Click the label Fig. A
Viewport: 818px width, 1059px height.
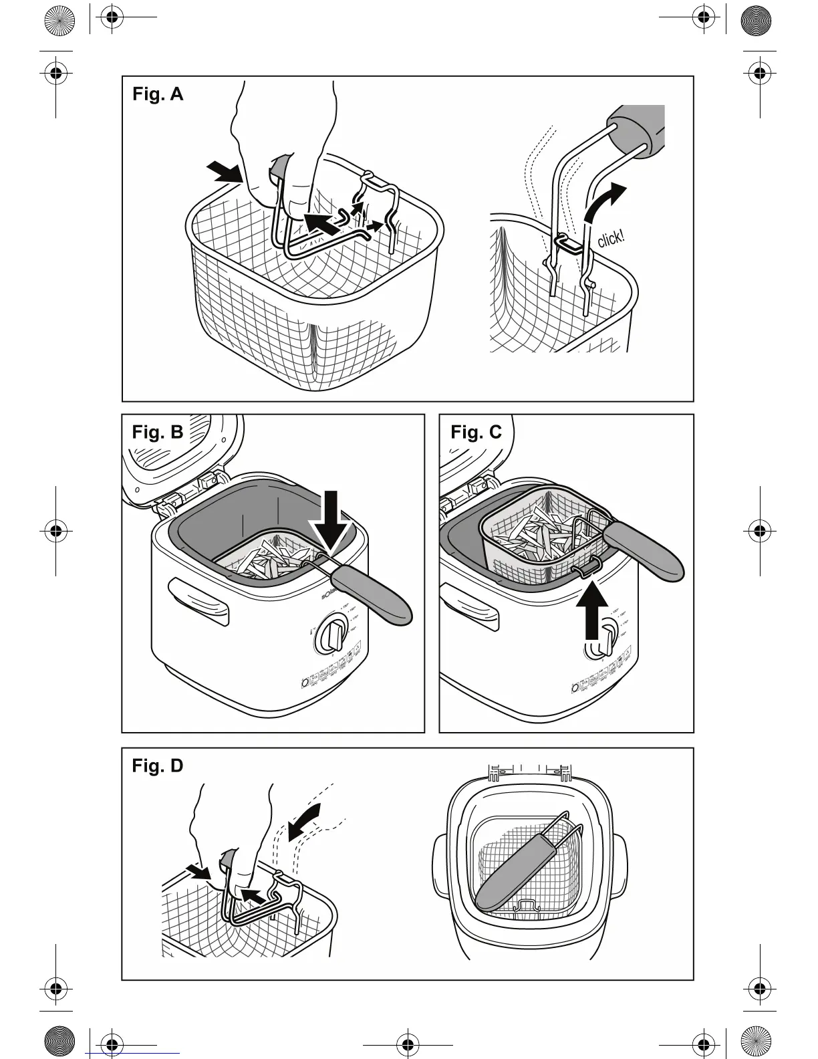[158, 94]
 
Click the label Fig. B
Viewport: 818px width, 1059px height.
[158, 432]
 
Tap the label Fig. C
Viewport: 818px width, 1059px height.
[476, 432]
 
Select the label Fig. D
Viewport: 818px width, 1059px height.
[158, 766]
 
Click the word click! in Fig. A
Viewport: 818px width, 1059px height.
[611, 237]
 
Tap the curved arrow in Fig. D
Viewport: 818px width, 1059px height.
[305, 818]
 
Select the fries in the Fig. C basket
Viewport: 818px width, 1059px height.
[535, 528]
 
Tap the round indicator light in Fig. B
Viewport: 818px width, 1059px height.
[305, 683]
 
